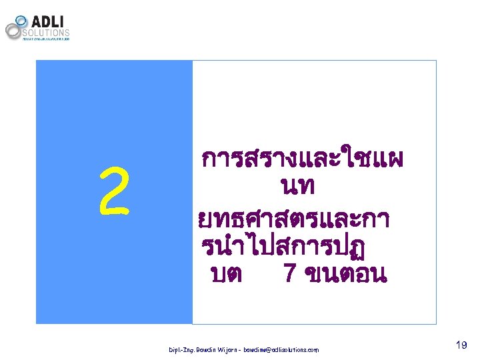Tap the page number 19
(460, 345)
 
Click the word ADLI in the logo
(48, 19)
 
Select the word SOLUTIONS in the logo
(46, 32)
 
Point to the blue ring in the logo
(21, 21)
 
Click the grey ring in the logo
(14, 31)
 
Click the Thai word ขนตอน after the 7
(344, 273)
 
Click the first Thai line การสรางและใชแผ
(301, 160)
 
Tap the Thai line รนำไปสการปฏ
(287, 246)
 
